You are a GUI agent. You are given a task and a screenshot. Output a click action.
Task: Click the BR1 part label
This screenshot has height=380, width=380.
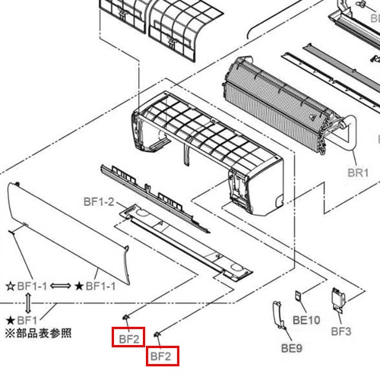pos(358,173)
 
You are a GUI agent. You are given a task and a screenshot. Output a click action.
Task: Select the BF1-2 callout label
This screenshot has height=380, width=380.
pos(99,202)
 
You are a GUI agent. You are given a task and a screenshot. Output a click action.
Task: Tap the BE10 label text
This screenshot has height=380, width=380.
pos(306,320)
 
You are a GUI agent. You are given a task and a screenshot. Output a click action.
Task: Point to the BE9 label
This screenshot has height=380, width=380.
pos(292,348)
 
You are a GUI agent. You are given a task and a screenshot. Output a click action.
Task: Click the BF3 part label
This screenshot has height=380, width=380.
pos(341,331)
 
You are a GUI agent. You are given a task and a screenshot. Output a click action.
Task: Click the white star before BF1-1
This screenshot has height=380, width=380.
pos(11,287)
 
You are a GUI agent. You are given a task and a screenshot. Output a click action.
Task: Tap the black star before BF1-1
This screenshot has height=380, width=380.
pos(79,287)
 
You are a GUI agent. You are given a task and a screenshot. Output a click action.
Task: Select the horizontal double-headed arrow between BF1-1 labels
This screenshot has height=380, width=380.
pos(61,287)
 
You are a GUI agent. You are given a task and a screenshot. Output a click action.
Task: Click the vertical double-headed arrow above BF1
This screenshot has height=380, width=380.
pos(28,303)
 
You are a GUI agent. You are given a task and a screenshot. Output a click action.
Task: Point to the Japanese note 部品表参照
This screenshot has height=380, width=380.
pos(44,334)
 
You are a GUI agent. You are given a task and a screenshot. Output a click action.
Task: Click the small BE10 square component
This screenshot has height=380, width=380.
pos(298,296)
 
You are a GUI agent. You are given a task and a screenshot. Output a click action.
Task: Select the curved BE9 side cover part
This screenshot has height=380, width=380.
pos(278,314)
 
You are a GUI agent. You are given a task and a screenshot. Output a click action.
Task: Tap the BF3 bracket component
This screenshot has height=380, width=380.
pos(338,300)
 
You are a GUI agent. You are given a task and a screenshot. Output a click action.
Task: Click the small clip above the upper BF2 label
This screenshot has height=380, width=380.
pos(126,317)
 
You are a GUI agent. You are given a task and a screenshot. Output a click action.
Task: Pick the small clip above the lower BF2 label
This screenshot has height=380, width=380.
pos(157,334)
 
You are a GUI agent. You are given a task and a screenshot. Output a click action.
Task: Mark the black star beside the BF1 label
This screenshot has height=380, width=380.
pos(11,321)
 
